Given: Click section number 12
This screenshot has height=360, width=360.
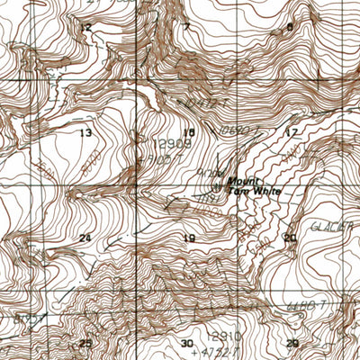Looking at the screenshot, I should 86,28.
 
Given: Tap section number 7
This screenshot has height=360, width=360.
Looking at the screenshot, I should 187,27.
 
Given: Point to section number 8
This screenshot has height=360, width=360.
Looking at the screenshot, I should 290,27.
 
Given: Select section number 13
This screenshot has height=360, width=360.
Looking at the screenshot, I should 86,133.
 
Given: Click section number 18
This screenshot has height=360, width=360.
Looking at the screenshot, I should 189,132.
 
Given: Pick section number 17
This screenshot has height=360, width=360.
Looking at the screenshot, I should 290,133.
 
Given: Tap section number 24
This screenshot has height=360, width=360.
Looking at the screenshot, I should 85,238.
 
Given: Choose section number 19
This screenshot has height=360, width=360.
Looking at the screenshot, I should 189,238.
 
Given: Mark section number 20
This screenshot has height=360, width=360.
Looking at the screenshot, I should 290,238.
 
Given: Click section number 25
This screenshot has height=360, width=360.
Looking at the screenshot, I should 85,344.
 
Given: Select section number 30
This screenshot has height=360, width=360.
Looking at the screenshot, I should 187,344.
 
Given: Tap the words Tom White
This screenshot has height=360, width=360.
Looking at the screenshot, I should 256,192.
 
